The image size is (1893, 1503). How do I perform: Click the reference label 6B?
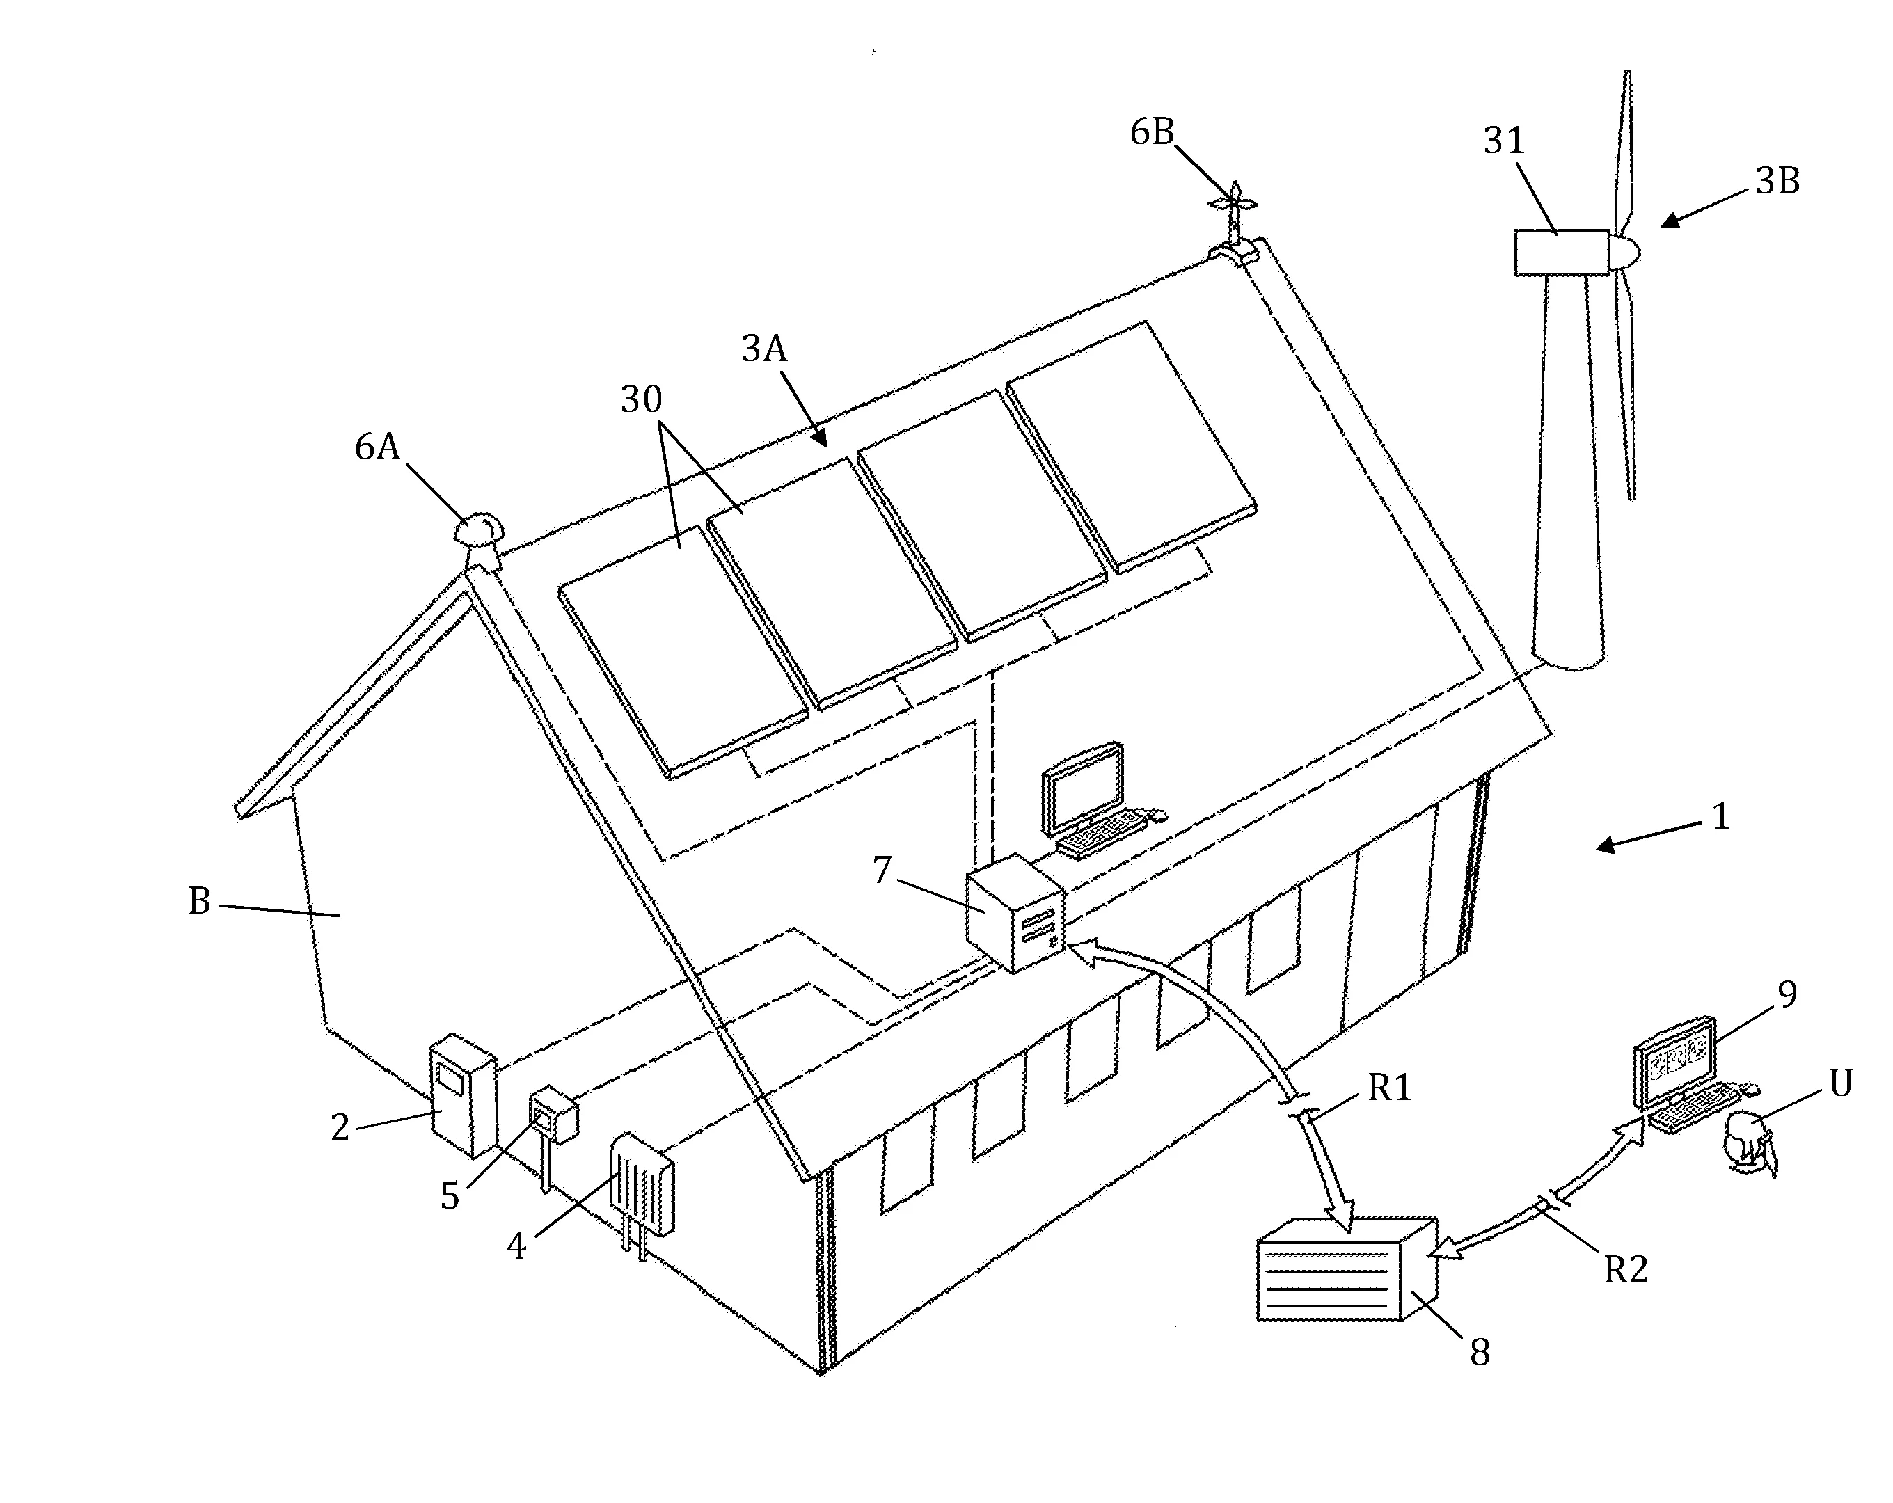coord(1151,133)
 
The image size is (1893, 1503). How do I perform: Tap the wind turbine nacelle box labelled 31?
coord(1561,252)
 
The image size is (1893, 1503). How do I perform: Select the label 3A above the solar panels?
coord(763,349)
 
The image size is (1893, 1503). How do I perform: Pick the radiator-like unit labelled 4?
coord(642,1185)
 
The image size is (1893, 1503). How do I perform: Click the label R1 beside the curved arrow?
coord(1389,1088)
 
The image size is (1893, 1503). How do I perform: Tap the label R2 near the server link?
coord(1625,1269)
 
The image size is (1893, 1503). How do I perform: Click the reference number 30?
coord(641,400)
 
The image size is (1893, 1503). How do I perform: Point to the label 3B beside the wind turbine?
coord(1777,182)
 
